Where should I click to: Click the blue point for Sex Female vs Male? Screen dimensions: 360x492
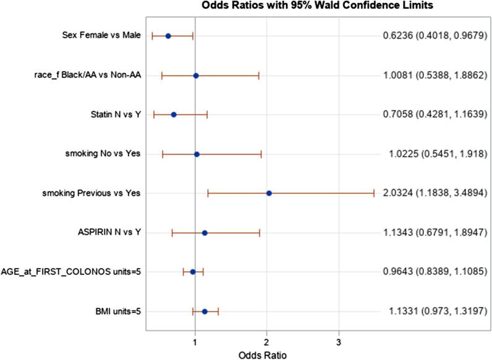[x=168, y=36]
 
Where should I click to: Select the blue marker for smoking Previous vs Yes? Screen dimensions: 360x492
[x=269, y=193]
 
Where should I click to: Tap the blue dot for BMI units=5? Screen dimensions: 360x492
[x=205, y=311]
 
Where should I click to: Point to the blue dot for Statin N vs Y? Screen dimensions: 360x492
[x=174, y=114]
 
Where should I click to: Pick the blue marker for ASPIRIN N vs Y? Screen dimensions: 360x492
[x=205, y=233]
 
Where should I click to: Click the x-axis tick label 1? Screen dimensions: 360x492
[x=195, y=341]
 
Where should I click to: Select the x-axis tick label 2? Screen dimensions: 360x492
[x=266, y=341]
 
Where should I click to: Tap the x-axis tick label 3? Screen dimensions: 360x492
[x=338, y=341]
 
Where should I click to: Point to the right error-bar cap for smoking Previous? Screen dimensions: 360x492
[x=373, y=193]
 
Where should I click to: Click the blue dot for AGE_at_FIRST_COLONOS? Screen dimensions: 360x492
[x=192, y=272]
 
